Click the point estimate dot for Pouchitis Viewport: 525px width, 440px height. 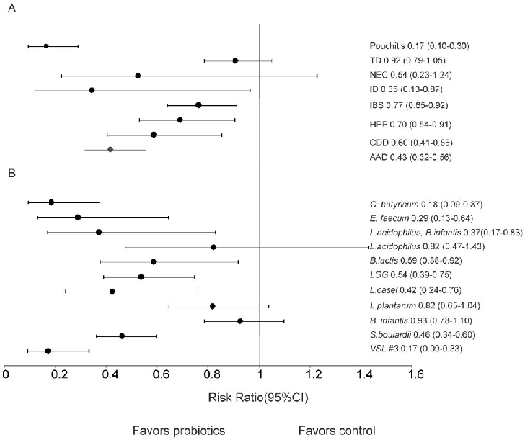(46, 46)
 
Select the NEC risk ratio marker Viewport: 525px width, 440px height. (138, 76)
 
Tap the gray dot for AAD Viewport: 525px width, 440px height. (110, 149)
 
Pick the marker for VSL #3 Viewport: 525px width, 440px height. (48, 351)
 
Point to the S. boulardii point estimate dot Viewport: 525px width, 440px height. (122, 336)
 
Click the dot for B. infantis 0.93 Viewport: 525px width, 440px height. (240, 321)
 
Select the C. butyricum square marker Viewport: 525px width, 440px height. (51, 202)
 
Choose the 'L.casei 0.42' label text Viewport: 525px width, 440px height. (405, 291)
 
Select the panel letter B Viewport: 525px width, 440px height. (10, 173)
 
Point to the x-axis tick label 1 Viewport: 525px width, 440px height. (260, 373)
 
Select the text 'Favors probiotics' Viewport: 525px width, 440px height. (178, 431)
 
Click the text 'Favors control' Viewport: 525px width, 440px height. (337, 431)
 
